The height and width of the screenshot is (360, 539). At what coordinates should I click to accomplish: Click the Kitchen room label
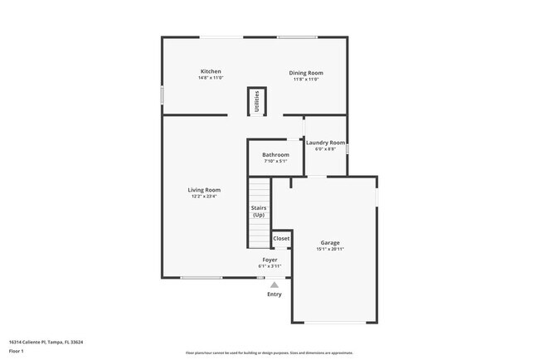(211, 71)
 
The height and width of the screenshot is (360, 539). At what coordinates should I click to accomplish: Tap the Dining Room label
(306, 73)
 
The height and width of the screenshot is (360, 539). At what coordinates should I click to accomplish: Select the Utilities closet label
(257, 101)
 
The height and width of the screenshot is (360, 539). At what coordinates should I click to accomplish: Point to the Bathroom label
(275, 155)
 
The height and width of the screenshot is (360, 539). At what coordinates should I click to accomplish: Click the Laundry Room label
(325, 143)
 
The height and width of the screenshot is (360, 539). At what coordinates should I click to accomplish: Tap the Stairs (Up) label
(259, 212)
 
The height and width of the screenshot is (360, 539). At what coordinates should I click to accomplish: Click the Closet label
(282, 238)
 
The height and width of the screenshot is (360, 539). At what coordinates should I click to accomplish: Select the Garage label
(330, 242)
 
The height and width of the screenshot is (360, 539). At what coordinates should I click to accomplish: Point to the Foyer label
(269, 260)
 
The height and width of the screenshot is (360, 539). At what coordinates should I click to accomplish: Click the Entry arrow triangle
(274, 284)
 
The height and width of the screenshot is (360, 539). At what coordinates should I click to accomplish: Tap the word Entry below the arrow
(274, 294)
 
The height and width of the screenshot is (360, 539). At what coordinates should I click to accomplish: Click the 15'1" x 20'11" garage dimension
(330, 249)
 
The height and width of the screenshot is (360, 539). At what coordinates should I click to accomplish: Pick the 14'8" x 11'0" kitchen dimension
(211, 78)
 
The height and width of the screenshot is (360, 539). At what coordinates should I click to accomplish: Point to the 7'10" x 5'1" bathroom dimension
(275, 162)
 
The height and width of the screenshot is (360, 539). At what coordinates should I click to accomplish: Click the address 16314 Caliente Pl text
(46, 342)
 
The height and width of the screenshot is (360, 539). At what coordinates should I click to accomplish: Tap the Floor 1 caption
(17, 351)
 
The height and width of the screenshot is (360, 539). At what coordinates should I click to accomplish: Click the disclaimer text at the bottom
(269, 353)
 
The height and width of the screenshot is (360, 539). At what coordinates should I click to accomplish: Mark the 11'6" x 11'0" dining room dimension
(306, 80)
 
